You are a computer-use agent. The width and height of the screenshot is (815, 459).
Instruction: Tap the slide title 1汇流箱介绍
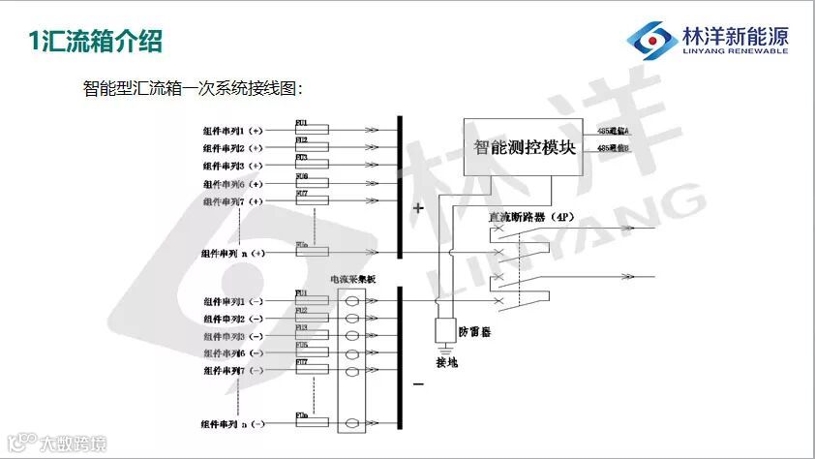coord(93,41)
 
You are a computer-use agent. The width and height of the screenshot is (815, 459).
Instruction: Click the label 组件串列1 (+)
coord(232,130)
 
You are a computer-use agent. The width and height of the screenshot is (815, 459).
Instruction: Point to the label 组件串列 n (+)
coord(233,253)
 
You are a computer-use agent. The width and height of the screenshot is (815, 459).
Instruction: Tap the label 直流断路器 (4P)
coord(531,218)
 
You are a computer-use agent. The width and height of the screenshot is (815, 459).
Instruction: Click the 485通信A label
coord(614,130)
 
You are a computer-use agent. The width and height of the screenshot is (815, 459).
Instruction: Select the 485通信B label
coord(614,148)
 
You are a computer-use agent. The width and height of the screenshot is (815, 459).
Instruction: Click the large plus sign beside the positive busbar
coord(418,207)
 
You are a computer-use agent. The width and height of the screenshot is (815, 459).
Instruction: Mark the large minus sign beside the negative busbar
coord(418,383)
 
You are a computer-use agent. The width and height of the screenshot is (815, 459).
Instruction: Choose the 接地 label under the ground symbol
coord(448,363)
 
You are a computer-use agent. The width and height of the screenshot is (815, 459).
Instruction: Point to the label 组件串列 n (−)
coord(233,424)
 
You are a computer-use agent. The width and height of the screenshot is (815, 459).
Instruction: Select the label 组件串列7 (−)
coord(233,371)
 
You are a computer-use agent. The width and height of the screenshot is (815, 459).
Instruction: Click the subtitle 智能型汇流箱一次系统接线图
coord(194,89)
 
